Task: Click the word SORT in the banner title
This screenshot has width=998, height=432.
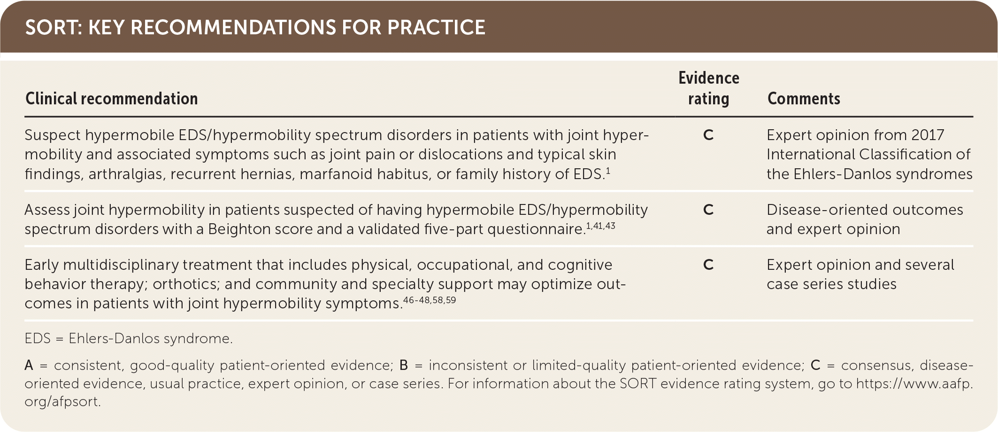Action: (x=53, y=27)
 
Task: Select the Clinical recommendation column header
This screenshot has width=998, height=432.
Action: (x=112, y=99)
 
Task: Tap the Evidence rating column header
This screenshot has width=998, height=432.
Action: (x=709, y=88)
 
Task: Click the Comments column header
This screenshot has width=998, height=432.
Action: (x=804, y=99)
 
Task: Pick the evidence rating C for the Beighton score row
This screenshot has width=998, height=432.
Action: (x=708, y=210)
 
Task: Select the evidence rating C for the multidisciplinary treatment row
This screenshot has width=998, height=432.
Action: (x=708, y=265)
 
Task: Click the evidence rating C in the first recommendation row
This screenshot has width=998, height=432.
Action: (x=708, y=135)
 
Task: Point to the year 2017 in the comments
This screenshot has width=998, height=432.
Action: (x=928, y=135)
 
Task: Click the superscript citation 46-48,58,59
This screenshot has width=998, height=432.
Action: (x=430, y=300)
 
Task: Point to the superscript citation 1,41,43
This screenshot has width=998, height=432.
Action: (x=600, y=226)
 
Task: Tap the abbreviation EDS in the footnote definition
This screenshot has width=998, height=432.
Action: (x=38, y=338)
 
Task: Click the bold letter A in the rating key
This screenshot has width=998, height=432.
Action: (x=29, y=365)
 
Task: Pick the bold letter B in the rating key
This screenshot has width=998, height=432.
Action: (x=404, y=365)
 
